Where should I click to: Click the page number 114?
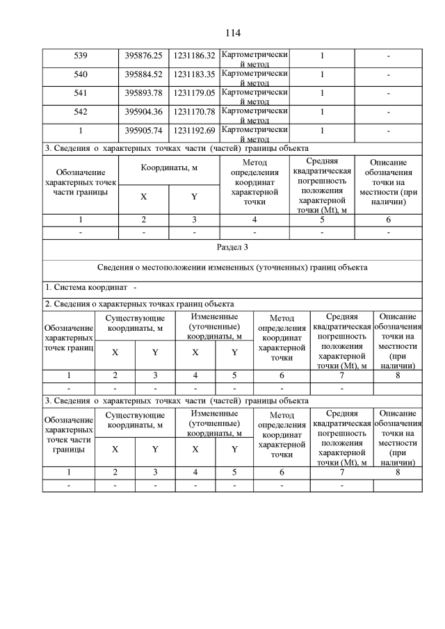point(232,33)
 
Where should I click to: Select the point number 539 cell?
point(81,56)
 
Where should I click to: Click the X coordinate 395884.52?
point(143,74)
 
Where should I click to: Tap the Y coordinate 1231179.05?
point(194,92)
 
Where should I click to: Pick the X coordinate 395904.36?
point(143,111)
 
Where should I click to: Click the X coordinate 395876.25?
point(143,56)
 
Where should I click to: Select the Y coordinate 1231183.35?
point(194,74)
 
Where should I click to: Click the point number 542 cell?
point(81,111)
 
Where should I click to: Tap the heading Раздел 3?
point(232,247)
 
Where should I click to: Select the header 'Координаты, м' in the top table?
point(169,168)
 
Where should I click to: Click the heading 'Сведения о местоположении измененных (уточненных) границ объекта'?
point(232,268)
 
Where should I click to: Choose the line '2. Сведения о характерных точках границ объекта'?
point(139,304)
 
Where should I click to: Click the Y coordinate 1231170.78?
point(194,111)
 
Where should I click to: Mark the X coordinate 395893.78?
point(143,92)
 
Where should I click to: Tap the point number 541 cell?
point(81,92)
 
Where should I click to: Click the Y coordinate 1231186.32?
point(194,56)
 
